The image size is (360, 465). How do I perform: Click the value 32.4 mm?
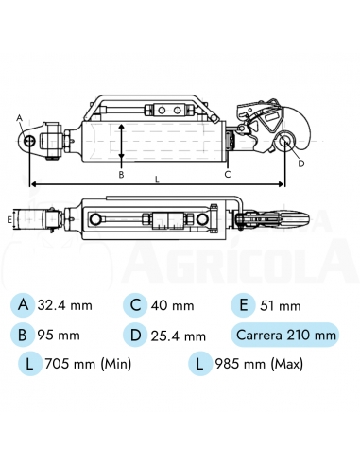pyautogui.click(x=64, y=305)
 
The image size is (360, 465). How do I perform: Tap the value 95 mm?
pyautogui.click(x=59, y=335)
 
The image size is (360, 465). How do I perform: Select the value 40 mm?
pyautogui.click(x=174, y=305)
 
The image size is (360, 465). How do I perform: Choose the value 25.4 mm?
pyautogui.click(x=180, y=335)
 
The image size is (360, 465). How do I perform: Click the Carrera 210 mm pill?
pyautogui.click(x=284, y=335)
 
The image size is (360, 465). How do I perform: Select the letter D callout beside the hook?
pyautogui.click(x=301, y=163)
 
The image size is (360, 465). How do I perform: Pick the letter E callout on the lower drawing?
pyautogui.click(x=9, y=219)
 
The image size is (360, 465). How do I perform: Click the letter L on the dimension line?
pyautogui.click(x=157, y=176)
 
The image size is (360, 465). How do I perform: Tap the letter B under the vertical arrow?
pyautogui.click(x=121, y=174)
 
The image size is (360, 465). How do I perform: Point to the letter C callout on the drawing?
pyautogui.click(x=228, y=174)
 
